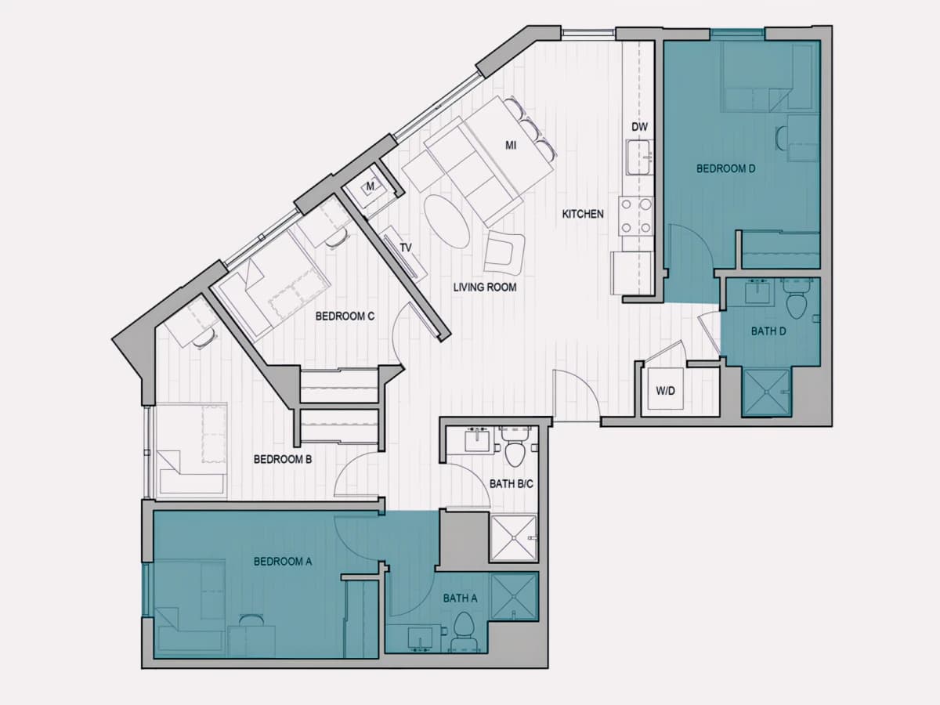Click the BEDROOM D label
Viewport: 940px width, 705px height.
click(x=725, y=168)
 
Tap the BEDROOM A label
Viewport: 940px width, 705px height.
click(x=283, y=561)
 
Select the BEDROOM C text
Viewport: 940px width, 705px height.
click(x=345, y=316)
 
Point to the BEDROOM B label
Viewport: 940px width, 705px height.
click(x=283, y=459)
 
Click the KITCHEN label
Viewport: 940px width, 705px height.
click(x=583, y=214)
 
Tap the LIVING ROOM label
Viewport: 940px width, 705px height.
click(x=485, y=287)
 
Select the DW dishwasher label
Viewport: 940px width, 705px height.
click(x=640, y=127)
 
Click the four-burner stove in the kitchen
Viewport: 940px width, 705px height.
click(x=636, y=215)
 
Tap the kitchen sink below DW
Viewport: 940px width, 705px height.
click(x=640, y=157)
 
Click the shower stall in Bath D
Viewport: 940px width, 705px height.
click(x=766, y=392)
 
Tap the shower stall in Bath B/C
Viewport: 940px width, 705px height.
click(x=513, y=538)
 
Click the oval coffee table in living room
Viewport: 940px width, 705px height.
click(x=447, y=221)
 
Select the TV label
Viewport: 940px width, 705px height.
click(x=406, y=248)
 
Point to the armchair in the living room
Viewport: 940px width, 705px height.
click(x=504, y=253)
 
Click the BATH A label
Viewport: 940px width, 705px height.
click(x=460, y=598)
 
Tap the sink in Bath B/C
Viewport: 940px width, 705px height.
click(x=476, y=441)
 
